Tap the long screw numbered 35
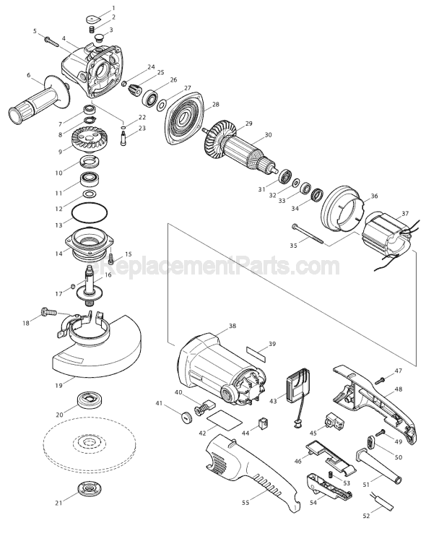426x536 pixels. coord(308,233)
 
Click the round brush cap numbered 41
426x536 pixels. coord(186,418)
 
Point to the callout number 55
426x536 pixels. coord(245,502)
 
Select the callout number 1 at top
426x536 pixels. coord(114,8)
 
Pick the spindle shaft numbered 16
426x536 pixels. coord(90,285)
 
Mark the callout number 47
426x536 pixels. coord(399,371)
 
